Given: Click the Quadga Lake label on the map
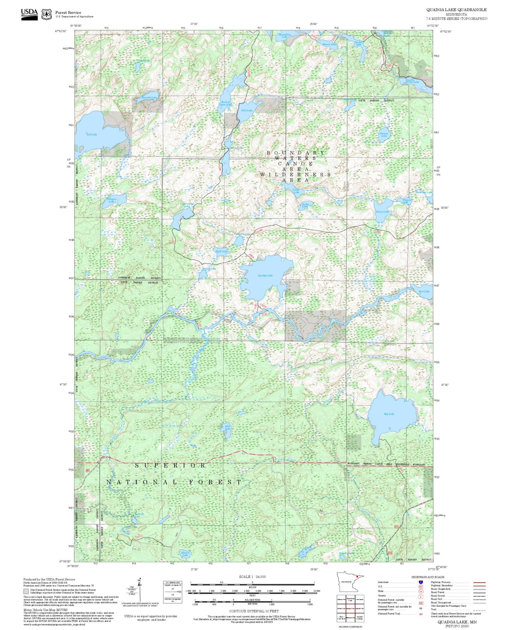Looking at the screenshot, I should pos(265,276).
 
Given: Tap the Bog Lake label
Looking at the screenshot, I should pos(389,414).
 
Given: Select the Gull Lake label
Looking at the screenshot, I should pos(92,134).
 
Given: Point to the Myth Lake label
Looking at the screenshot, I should pos(222,251).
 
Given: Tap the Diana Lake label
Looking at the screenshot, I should pos(382,212).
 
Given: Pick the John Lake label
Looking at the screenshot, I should pos(227,427).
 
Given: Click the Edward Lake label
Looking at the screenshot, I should pos(185,554).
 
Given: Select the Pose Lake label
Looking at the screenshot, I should pos(247,110).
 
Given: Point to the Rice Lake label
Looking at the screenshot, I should pos(424,291).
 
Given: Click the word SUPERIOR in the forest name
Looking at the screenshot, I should pos(171,465).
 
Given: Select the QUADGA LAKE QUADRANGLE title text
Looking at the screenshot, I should pos(456,10).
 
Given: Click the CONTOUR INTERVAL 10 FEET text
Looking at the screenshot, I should pos(253,611).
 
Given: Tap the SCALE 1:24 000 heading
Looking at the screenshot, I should pos(252,577).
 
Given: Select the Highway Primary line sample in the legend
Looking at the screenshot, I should pos(480,582).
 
